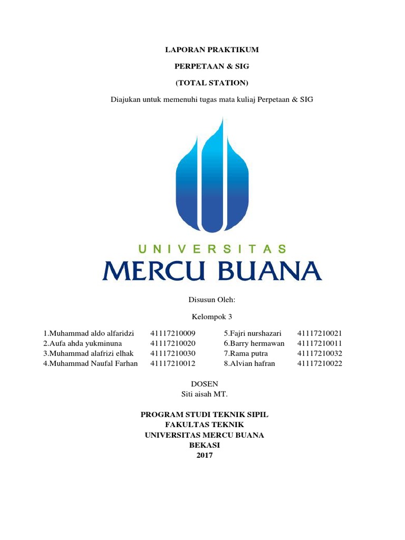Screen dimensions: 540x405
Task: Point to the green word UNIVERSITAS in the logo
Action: click(x=212, y=249)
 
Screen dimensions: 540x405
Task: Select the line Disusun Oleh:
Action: click(x=211, y=300)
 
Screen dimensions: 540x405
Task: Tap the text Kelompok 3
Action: click(x=211, y=317)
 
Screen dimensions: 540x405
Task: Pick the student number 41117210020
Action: click(x=172, y=343)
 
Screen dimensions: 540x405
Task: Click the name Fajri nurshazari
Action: click(x=253, y=333)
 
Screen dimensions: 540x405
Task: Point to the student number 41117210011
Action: click(x=320, y=343)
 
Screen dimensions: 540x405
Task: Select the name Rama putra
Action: click(x=246, y=353)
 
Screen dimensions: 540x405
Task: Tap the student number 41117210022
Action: click(x=320, y=363)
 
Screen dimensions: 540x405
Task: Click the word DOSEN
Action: click(x=204, y=384)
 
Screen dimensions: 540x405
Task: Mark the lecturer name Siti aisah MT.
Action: click(x=205, y=394)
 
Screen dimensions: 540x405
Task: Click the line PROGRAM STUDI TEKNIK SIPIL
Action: click(x=205, y=415)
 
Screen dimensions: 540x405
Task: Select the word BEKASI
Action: click(x=205, y=445)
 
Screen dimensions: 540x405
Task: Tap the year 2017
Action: click(x=205, y=455)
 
